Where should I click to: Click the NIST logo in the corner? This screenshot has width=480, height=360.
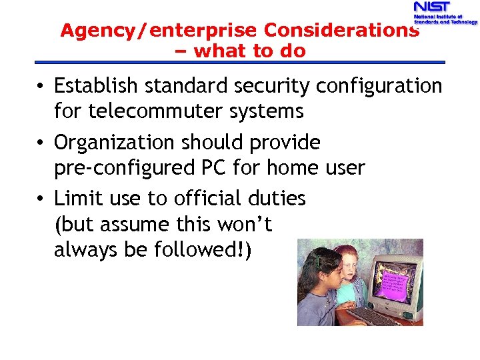444,13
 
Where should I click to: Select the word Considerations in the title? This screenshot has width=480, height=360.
341,31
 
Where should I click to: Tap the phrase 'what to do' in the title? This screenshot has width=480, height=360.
250,51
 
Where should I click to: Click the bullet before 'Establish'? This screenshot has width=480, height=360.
41,87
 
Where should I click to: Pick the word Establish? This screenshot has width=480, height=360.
96,86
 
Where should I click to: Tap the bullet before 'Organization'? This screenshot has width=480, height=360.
41,143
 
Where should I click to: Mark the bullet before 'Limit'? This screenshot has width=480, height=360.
41,199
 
